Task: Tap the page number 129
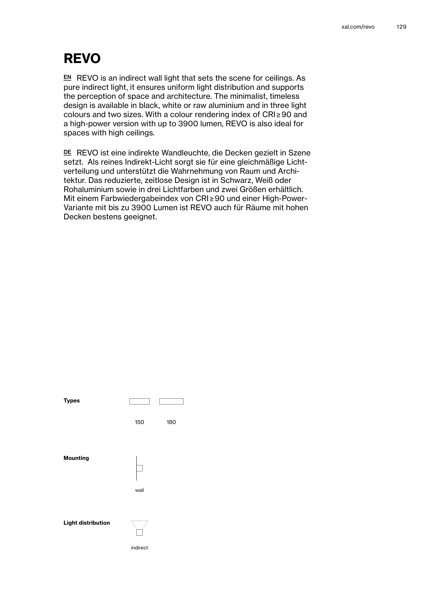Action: coord(401,27)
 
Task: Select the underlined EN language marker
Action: coord(67,77)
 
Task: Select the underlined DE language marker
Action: coord(67,152)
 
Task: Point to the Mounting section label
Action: coord(76,458)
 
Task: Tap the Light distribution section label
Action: coord(87,523)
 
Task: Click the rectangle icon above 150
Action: coord(139,401)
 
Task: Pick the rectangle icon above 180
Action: coord(171,401)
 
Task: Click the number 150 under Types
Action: coord(139,422)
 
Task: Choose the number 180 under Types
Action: coord(171,422)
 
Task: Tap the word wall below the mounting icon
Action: coord(139,490)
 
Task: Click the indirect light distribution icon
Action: coord(139,528)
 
